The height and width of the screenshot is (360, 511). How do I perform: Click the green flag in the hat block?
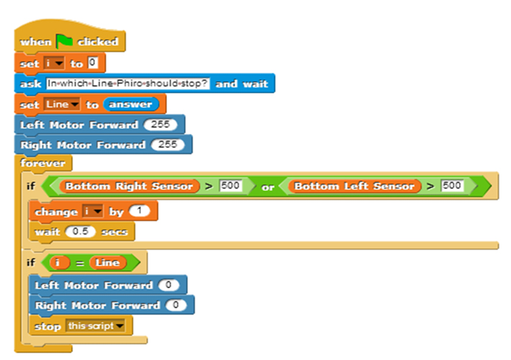65,42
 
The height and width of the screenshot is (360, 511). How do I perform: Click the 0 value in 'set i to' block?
92,63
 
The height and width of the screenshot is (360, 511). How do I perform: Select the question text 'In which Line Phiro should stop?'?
128,84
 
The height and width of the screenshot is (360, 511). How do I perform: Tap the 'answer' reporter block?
130,104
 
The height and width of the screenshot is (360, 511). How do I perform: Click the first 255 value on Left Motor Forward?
160,125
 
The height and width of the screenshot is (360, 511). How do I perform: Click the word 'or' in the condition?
268,187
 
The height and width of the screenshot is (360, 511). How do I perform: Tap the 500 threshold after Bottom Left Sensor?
452,186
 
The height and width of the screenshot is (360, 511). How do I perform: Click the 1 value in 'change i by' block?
139,212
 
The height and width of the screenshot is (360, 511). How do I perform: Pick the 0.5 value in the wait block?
80,233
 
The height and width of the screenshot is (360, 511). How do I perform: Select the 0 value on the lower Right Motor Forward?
175,305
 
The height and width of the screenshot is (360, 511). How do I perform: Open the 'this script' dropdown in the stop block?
95,326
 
